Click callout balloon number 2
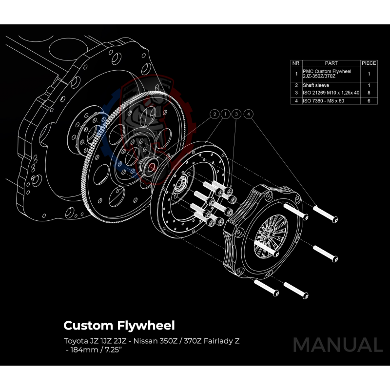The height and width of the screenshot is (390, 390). tap(214, 114)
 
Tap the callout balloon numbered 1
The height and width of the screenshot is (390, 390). tap(225, 114)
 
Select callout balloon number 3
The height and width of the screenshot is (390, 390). tap(237, 114)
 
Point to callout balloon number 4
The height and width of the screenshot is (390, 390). tap(249, 114)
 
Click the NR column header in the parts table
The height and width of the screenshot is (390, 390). tap(295, 63)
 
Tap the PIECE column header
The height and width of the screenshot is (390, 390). tap(369, 63)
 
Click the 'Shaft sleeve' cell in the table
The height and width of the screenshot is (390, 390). tap(316, 85)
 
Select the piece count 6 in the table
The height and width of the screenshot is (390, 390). tap(369, 100)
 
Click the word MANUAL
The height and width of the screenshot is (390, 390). tap(337, 345)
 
